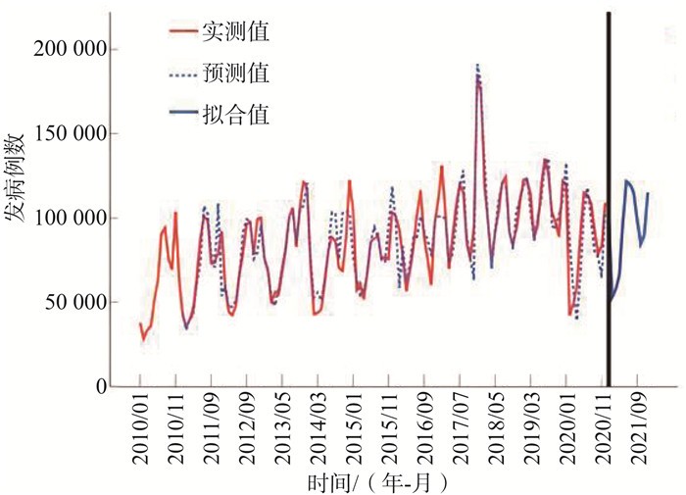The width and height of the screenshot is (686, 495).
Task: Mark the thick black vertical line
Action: click(x=610, y=196)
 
